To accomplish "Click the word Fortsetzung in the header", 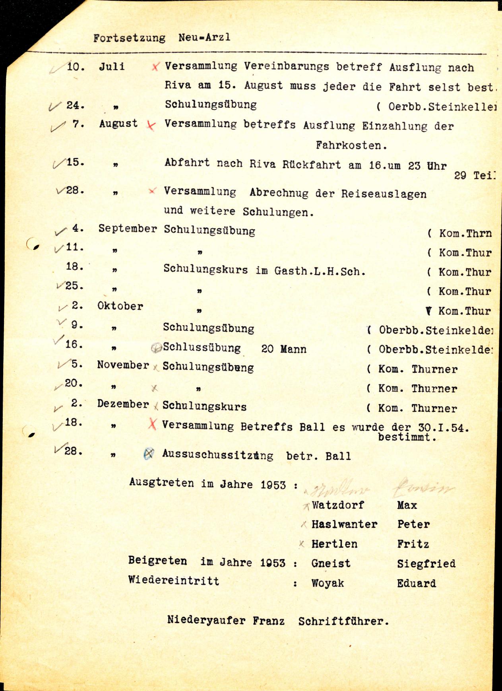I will click(129, 38).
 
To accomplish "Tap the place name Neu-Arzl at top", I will click(204, 38).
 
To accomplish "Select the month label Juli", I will click(112, 66).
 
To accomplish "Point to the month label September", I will click(128, 229).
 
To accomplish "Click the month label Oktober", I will click(120, 306).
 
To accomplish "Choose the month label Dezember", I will click(123, 404).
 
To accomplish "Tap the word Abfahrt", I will click(187, 163).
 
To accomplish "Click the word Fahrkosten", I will click(351, 146).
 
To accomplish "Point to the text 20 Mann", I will click(284, 349).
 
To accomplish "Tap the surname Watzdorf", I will click(338, 505).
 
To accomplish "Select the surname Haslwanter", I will click(344, 524).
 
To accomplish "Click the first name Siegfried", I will click(426, 563).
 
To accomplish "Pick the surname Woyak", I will click(328, 583).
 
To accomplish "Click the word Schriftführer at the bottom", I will click(343, 621).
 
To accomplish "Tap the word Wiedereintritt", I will click(174, 580).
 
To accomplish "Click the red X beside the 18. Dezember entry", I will click(152, 425).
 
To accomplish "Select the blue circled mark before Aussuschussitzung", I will click(148, 453).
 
